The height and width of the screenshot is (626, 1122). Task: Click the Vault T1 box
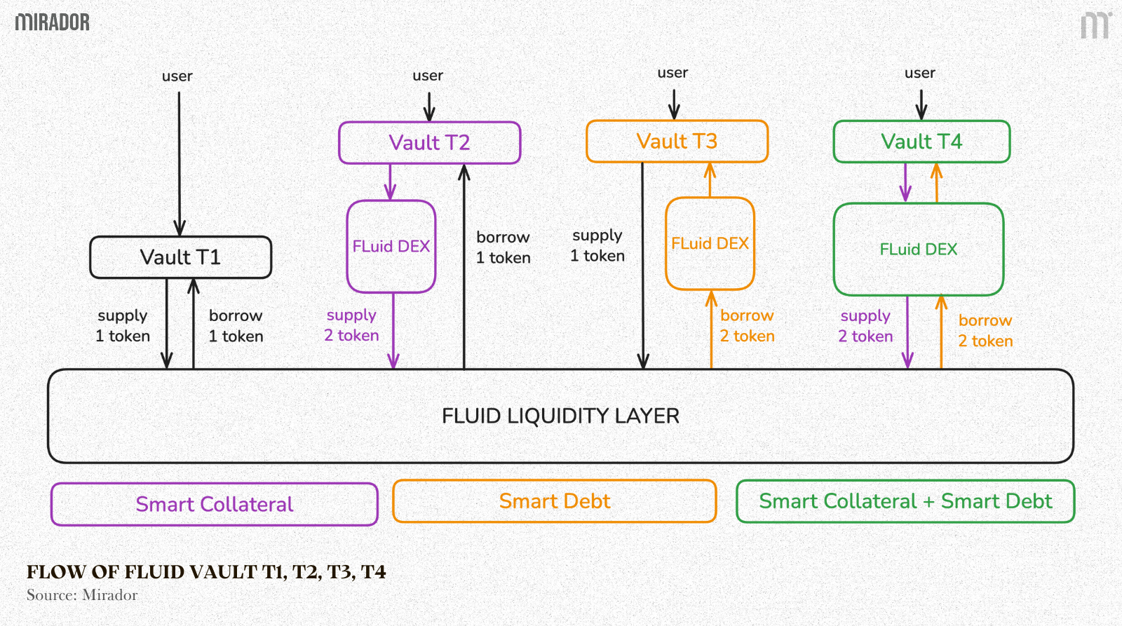[180, 257]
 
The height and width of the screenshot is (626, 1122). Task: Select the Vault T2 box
[429, 143]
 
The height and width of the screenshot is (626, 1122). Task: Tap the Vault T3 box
[677, 142]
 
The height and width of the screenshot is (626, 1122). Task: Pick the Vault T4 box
[921, 142]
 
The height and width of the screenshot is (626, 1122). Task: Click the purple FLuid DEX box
[391, 246]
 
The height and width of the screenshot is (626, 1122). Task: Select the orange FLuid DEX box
[710, 243]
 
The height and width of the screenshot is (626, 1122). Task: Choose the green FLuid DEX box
[918, 250]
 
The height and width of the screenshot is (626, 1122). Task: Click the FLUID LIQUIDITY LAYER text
[560, 416]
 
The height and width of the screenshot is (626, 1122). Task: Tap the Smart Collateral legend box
[215, 504]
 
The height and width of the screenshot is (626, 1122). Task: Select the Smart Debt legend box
[555, 501]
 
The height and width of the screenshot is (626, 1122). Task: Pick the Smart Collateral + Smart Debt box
[905, 501]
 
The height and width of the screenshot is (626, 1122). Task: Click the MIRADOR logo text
[53, 22]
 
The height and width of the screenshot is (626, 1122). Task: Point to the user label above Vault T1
[177, 76]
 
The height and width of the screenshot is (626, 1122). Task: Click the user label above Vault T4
[919, 73]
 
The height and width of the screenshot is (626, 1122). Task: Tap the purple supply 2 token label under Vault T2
[351, 325]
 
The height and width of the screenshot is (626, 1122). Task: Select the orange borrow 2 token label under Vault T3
[747, 326]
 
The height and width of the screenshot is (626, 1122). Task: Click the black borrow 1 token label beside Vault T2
[503, 247]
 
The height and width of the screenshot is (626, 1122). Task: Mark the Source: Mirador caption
[82, 595]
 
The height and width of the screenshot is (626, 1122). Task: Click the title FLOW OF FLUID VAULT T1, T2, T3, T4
[206, 572]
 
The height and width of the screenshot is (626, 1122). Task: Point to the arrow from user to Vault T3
[673, 103]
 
